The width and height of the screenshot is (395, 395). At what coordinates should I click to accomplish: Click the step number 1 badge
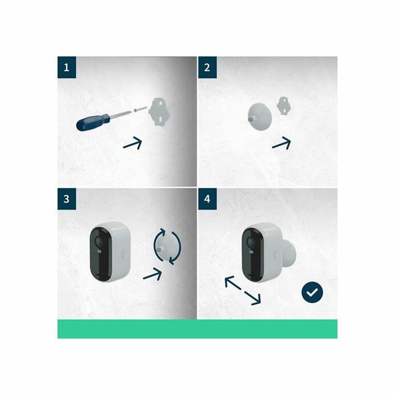67,67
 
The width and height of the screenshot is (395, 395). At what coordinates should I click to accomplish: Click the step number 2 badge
207,67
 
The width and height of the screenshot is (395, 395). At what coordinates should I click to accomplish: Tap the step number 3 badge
67,199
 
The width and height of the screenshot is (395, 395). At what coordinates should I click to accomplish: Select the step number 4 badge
207,199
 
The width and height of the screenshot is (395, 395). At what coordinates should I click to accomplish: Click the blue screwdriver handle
93,122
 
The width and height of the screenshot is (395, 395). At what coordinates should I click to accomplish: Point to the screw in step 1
141,109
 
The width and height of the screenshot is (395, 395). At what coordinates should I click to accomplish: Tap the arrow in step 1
133,143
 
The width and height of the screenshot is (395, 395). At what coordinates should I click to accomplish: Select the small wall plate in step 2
284,106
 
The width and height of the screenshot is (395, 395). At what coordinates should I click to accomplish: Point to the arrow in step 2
282,143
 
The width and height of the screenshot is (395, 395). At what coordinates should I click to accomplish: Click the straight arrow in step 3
152,274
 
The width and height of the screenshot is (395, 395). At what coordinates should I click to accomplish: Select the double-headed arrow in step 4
243,291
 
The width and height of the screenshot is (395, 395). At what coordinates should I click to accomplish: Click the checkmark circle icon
312,292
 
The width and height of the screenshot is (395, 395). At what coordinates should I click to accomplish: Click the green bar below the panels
197,329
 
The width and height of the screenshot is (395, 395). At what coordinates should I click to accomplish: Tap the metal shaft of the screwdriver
121,114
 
